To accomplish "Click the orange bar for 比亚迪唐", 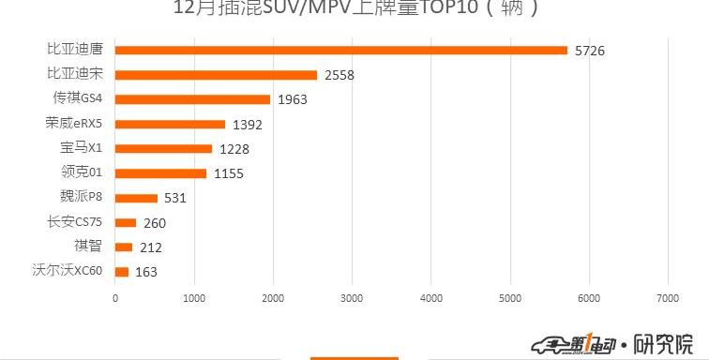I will coord(341,50).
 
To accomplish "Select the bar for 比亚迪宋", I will coord(216,74).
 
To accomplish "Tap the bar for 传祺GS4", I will coord(192,99).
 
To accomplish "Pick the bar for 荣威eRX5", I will coord(170,124).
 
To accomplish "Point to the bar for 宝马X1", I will coord(163,148).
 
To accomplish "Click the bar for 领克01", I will coord(160,173).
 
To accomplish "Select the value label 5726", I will coord(590,51).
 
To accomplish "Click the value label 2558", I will coord(339,75).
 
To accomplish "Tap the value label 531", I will coord(176,199).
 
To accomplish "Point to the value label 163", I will coord(146,273).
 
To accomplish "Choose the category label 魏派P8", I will coord(80,197).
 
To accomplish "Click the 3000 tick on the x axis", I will coord(352,298).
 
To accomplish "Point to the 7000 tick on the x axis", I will coord(667,298).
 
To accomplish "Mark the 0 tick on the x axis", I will coord(115,298).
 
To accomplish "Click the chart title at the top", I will coord(354,9).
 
